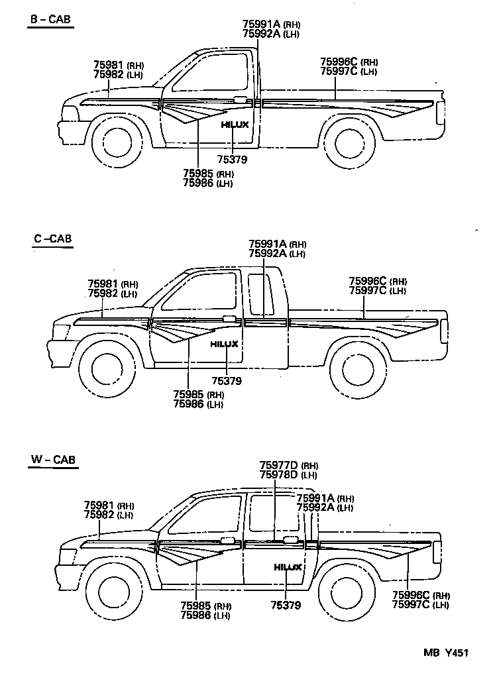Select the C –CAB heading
pos(52,239)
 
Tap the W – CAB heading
pos(53,459)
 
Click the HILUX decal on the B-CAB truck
pos(235,125)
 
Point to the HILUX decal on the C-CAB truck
pos(225,345)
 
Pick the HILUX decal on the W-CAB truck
pos(288,567)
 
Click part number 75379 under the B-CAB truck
pos(232,159)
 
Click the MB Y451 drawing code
pos(447,653)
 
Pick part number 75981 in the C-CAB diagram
pos(103,284)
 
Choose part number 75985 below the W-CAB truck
pos(196,606)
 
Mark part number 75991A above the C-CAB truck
pos(268,244)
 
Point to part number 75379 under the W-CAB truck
pos(286,605)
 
